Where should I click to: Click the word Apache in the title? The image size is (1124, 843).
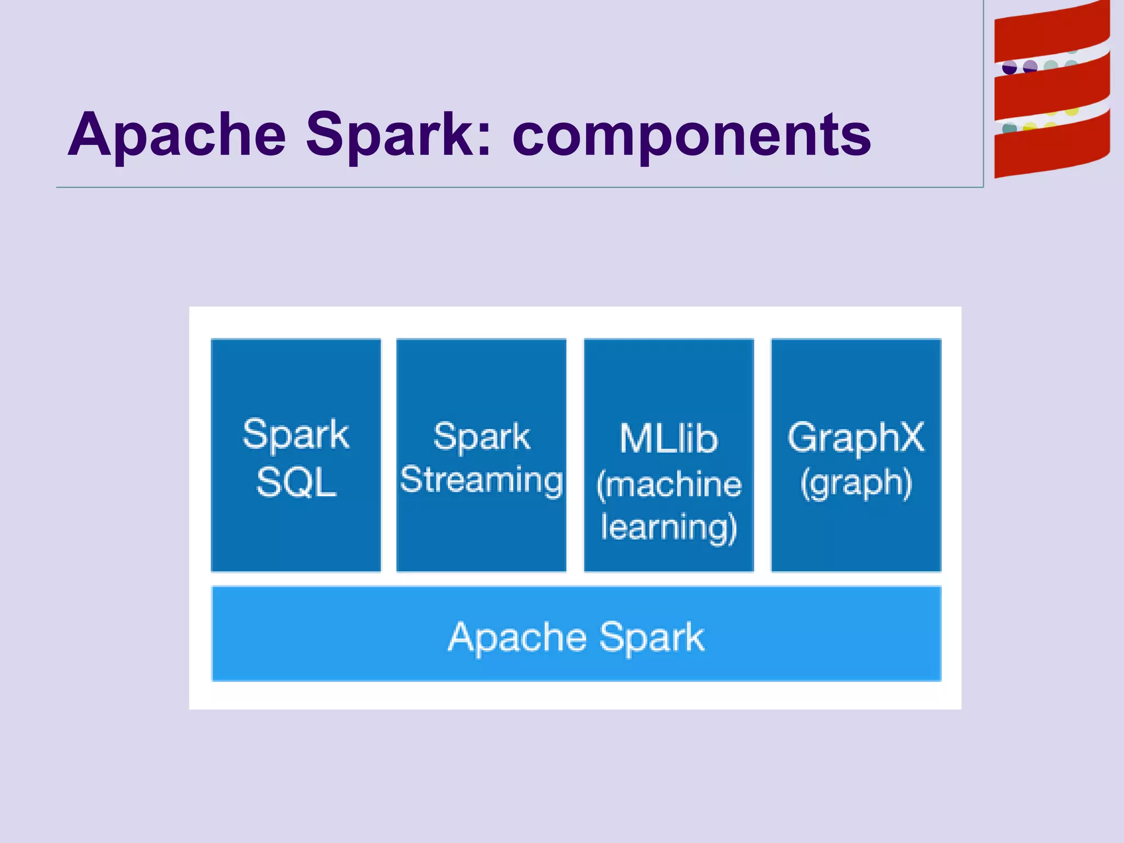177,134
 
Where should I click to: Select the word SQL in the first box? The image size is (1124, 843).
296,483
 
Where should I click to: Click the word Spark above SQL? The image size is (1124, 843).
296,435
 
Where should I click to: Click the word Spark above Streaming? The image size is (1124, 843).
481,437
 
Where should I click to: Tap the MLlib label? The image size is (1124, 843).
668,439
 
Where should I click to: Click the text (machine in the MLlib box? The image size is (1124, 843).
668,485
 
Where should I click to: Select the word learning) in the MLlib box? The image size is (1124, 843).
668,528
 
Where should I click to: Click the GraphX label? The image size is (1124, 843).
856,438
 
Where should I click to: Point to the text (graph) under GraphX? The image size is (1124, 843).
856,484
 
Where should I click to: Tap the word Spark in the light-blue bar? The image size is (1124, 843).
651,638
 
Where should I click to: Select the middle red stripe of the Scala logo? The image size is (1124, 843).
1051,93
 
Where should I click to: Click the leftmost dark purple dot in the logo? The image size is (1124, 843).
1009,68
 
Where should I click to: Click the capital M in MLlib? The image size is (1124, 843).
636,439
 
